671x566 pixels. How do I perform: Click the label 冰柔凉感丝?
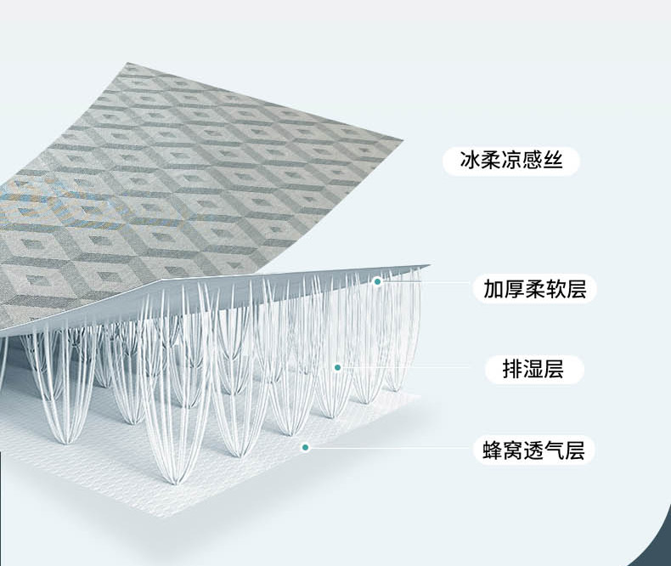[x=511, y=161]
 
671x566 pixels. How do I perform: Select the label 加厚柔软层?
[x=534, y=289]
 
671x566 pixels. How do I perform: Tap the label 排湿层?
[x=533, y=370]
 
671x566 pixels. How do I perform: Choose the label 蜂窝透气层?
[x=534, y=450]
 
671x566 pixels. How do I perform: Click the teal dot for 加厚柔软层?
[x=377, y=281]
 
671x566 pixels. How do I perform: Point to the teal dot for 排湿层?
[x=337, y=367]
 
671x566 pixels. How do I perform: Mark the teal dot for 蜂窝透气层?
[x=305, y=447]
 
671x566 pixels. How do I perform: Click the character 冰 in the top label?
[x=470, y=161]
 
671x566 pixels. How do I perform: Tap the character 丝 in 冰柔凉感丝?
[x=552, y=161]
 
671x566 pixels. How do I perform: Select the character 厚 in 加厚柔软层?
[x=514, y=289]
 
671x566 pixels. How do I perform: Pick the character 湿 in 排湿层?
[x=533, y=370]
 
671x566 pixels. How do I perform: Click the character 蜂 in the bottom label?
[x=493, y=450]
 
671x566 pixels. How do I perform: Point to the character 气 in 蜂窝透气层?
[x=555, y=450]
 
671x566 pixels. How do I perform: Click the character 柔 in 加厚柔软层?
[x=534, y=289]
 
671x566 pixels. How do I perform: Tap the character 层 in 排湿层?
[x=554, y=370]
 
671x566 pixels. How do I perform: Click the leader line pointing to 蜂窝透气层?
[x=389, y=448]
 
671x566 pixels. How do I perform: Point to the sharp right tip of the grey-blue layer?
[x=430, y=266]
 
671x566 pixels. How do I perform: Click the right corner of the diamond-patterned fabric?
[x=404, y=139]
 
